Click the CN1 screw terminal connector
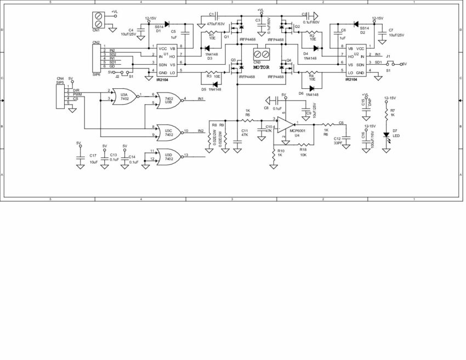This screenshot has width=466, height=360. pyautogui.click(x=99, y=20)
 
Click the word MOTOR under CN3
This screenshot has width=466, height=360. pyautogui.click(x=261, y=65)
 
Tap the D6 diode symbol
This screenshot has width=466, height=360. pyautogui.click(x=311, y=89)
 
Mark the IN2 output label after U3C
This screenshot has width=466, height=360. pyautogui.click(x=201, y=131)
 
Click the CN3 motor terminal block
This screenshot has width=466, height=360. pyautogui.click(x=261, y=54)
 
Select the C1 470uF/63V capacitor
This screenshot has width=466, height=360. pyautogui.click(x=217, y=15)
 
